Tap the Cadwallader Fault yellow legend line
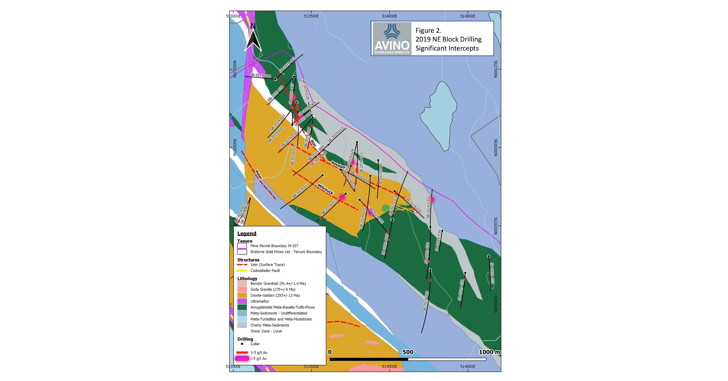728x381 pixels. coord(242,271)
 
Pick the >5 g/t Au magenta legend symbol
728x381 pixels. coord(242,358)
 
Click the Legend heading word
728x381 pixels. coord(247,233)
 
